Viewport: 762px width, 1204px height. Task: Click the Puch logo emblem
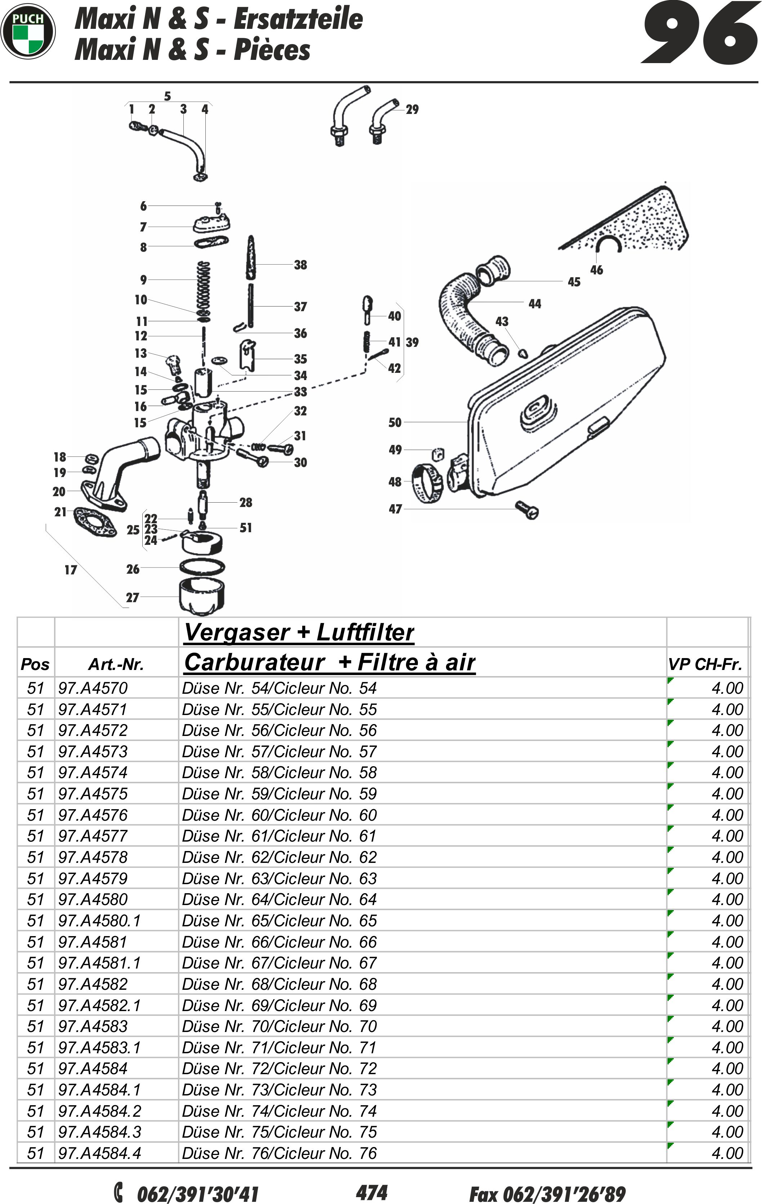click(x=28, y=31)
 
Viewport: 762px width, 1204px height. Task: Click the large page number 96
click(x=700, y=33)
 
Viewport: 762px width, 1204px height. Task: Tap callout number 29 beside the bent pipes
click(x=412, y=110)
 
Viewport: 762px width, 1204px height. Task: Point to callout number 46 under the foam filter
click(x=596, y=270)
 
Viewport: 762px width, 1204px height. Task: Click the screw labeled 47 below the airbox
click(x=527, y=510)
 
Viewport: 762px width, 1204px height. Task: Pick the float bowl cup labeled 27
click(x=201, y=595)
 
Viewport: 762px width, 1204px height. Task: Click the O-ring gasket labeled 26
click(x=202, y=567)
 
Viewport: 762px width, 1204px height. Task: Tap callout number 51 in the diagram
click(x=245, y=528)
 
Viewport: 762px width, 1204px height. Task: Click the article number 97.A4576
click(x=93, y=815)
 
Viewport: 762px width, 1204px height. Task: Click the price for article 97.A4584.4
click(x=727, y=1153)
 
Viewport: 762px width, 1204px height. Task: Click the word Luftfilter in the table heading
click(x=365, y=632)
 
